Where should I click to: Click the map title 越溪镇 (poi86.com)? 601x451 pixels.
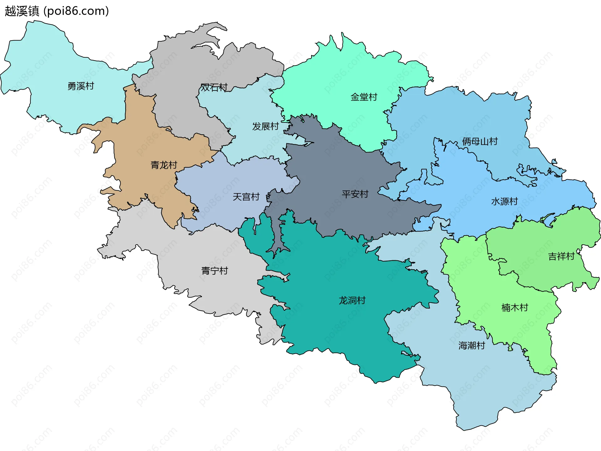pos(57,11)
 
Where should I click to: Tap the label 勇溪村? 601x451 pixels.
pos(81,86)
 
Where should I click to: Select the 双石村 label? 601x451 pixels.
pos(214,87)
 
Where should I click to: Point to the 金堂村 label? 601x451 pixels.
pos(364,97)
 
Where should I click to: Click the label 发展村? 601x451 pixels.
pos(265,126)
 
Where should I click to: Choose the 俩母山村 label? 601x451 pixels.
pos(480,141)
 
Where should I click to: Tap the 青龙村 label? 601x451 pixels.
pos(164,165)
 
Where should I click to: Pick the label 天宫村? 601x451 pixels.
pos(246,197)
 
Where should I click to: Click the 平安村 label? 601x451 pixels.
pos(355,194)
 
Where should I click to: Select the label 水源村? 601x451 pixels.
pos(505,201)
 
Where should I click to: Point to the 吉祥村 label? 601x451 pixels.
pos(561,256)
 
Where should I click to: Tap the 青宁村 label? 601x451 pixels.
pos(214,271)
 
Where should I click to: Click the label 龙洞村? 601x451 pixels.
pos(352,300)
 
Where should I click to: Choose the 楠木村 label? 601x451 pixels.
pos(515,307)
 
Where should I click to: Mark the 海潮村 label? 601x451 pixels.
pos(472,345)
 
